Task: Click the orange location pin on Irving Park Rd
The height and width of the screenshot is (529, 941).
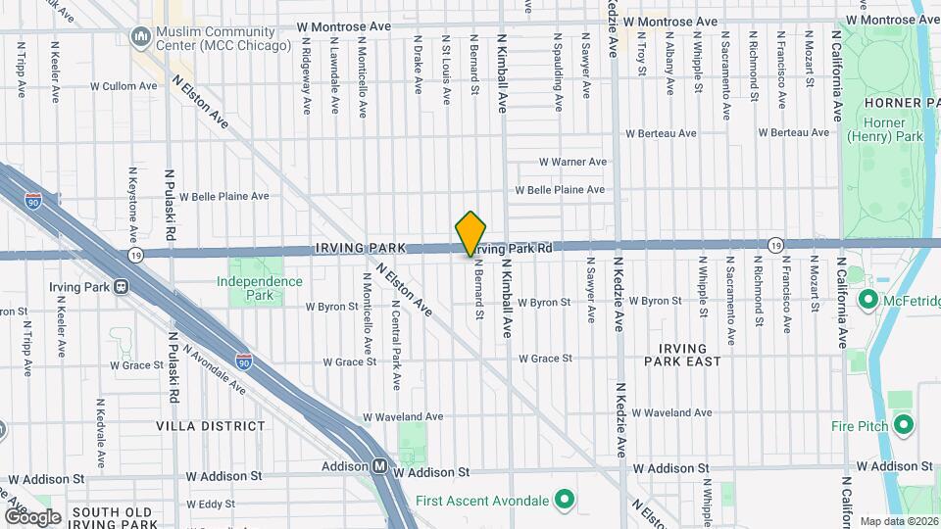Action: (x=471, y=233)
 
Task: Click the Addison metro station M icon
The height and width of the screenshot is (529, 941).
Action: (x=379, y=466)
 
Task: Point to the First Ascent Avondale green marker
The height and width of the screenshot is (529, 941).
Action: (x=564, y=501)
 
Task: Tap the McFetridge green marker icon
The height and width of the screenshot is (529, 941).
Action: (x=867, y=298)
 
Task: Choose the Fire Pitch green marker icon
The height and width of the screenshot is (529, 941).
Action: (x=904, y=425)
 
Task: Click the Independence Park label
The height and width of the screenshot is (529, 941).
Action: (x=260, y=287)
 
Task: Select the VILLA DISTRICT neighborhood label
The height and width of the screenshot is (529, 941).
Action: (x=210, y=426)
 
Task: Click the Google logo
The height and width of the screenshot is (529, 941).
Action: (x=32, y=516)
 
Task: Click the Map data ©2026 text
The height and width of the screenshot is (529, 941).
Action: (x=898, y=521)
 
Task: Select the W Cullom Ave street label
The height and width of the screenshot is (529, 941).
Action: (x=124, y=86)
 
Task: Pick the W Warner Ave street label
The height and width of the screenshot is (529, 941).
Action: (x=573, y=162)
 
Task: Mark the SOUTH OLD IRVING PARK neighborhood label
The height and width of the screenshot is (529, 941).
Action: (x=112, y=518)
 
